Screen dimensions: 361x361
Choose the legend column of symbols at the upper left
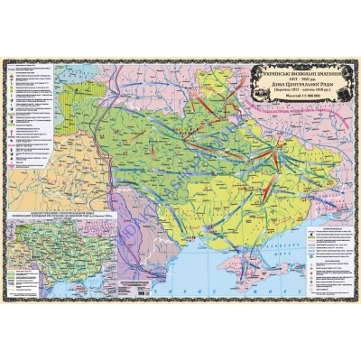click(27, 117)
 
